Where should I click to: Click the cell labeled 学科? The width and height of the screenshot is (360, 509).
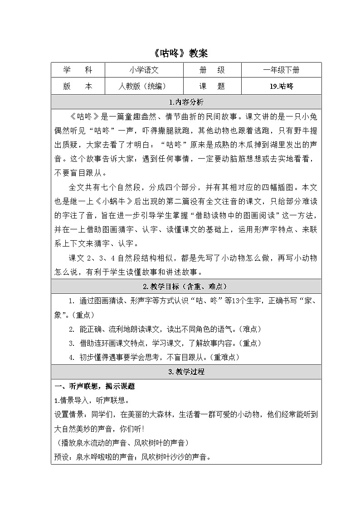point(78,70)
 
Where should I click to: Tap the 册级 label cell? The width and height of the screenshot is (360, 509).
point(212,70)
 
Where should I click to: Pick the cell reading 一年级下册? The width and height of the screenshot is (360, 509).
point(281,70)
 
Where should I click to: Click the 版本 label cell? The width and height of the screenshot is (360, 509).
point(78,86)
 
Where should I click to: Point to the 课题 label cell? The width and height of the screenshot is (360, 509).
point(212,86)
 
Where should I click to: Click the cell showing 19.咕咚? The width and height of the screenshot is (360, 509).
point(281,86)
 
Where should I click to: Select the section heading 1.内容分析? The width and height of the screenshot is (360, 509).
point(186,102)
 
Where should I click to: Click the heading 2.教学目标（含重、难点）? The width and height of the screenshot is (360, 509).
point(186,286)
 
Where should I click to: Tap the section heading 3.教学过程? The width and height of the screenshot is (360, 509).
point(186,372)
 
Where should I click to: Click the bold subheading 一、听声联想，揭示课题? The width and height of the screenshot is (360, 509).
point(95,387)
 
